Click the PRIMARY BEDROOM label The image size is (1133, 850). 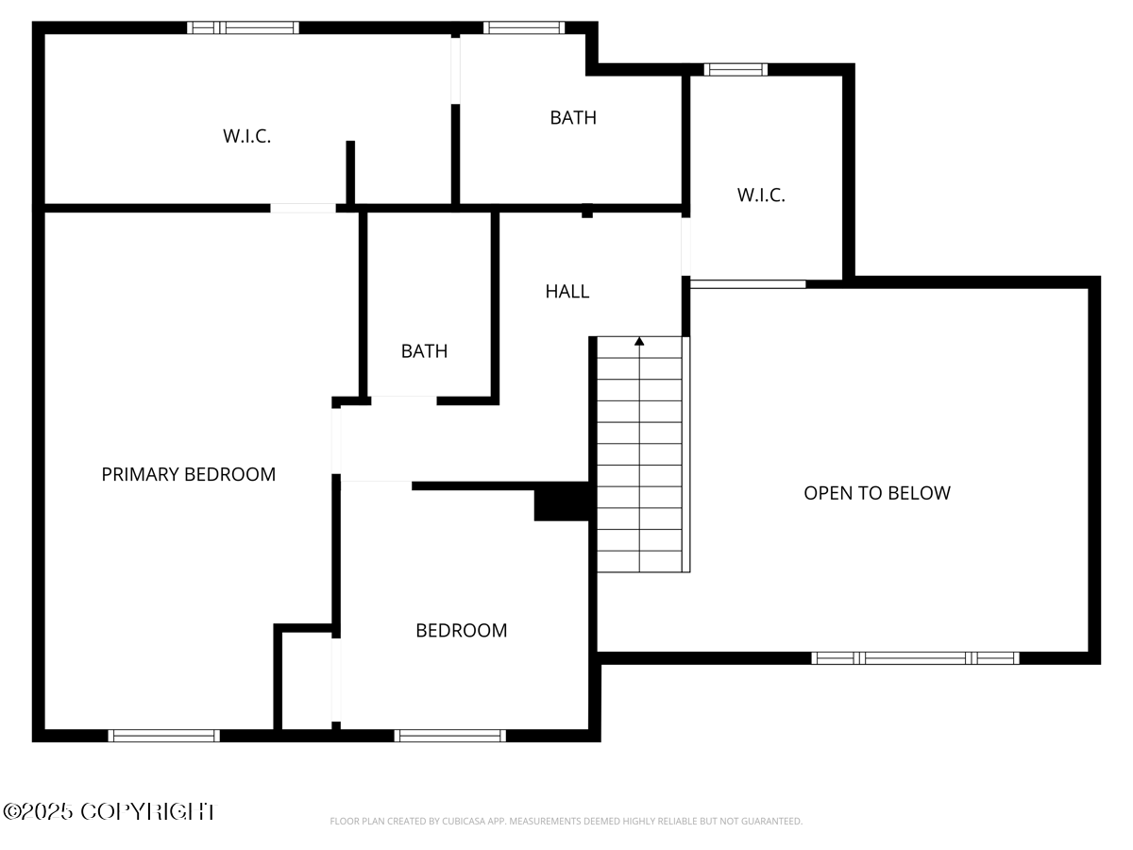(189, 474)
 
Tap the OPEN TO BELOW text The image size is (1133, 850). (876, 493)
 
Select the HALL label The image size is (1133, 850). (566, 291)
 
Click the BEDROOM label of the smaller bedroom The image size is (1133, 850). (461, 630)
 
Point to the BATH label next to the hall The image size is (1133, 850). (424, 351)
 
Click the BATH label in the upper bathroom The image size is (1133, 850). (573, 117)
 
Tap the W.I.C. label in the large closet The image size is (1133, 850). (246, 136)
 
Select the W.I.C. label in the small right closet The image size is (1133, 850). (760, 195)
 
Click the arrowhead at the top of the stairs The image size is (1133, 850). (639, 341)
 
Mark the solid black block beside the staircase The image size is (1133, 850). (563, 501)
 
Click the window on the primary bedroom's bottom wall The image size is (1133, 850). (164, 735)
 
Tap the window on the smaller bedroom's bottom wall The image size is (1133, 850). (449, 735)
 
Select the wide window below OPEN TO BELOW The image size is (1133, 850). (915, 657)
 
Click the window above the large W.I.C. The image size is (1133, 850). (244, 27)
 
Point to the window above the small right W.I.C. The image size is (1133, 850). (736, 69)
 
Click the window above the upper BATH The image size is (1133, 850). (524, 27)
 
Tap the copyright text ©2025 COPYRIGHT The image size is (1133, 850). (109, 811)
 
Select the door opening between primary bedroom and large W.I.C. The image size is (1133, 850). (303, 208)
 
